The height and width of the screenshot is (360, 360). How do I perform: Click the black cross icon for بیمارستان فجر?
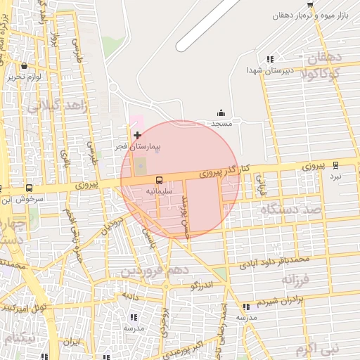[x=137, y=134]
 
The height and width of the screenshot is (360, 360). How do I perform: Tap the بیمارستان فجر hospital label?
[x=139, y=147]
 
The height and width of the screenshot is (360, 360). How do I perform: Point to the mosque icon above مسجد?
[x=221, y=112]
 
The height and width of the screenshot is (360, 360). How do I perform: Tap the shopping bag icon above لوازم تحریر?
[x=25, y=65]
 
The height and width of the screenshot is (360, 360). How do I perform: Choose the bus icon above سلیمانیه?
[x=159, y=180]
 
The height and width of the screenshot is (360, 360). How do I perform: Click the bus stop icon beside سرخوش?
[x=29, y=188]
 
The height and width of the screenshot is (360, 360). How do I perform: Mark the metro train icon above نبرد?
[x=335, y=165]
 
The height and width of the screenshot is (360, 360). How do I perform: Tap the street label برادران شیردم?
[x=283, y=301]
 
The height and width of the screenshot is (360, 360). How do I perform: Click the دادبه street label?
[x=130, y=296]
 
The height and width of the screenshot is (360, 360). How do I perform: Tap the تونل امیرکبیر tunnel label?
[x=24, y=308]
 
